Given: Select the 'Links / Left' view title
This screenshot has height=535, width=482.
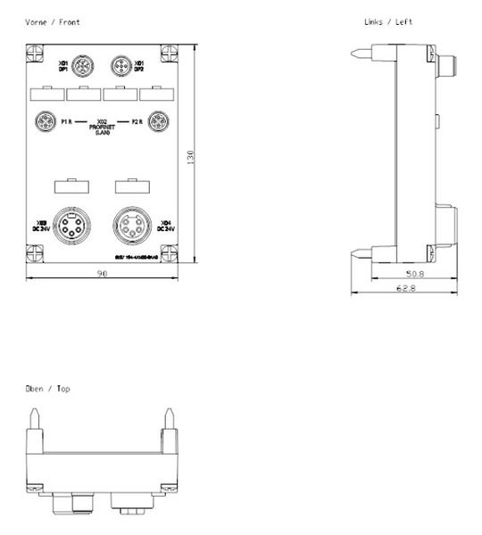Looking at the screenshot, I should click(x=388, y=21).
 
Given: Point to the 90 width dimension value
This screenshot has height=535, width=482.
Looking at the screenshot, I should click(x=102, y=274).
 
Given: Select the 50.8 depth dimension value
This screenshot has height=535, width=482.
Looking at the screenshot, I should click(x=414, y=275).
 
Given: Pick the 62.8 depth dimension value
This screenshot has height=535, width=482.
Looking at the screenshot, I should click(x=408, y=289).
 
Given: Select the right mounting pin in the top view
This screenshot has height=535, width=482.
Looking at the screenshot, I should click(x=169, y=419).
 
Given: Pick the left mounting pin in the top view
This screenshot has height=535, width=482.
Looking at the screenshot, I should click(x=34, y=419).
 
